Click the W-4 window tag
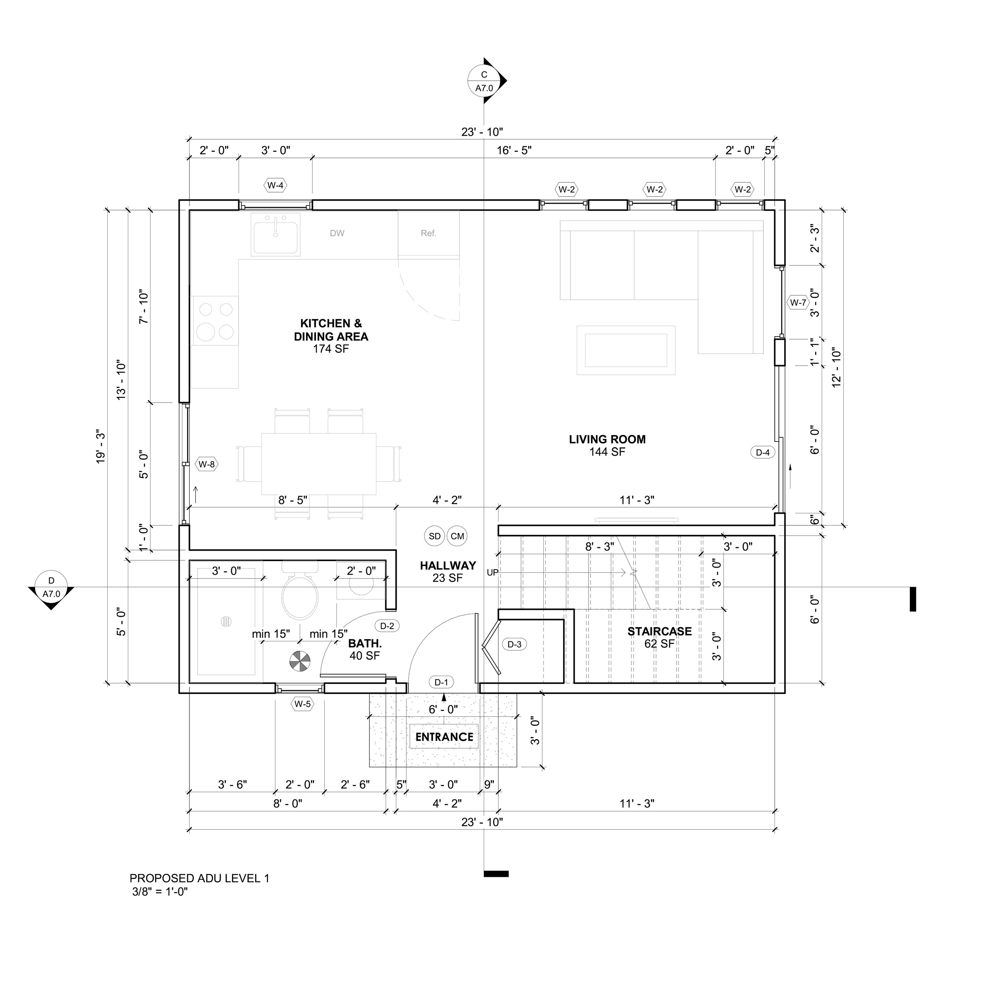click(x=275, y=186)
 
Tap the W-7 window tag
click(x=798, y=303)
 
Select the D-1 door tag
click(x=441, y=682)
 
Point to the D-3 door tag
click(x=514, y=645)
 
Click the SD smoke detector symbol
click(x=435, y=536)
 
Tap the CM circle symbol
click(x=457, y=536)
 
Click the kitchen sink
click(x=276, y=234)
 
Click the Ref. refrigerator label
click(x=428, y=233)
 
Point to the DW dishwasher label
click(x=337, y=233)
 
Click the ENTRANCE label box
click(x=444, y=737)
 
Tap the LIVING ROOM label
click(x=607, y=439)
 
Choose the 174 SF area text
click(x=331, y=349)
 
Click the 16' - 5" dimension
click(x=514, y=151)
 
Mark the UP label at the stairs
click(x=492, y=573)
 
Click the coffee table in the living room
click(x=626, y=350)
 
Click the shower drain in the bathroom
click(x=226, y=622)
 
